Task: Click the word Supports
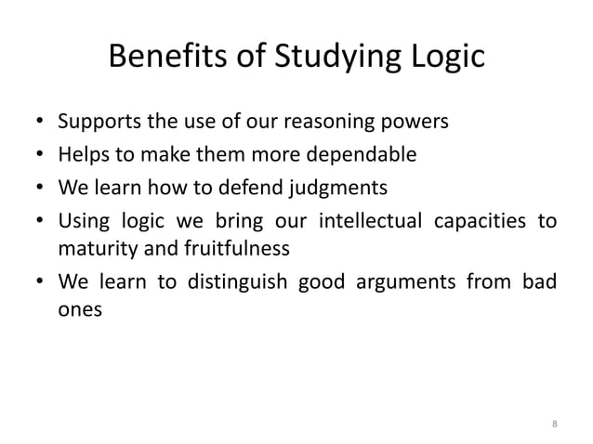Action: [x=100, y=122]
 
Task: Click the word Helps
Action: [x=82, y=155]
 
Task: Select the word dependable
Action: [x=363, y=155]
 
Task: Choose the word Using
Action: [x=82, y=222]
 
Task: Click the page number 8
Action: [x=555, y=424]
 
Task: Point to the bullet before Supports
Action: [x=41, y=123]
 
